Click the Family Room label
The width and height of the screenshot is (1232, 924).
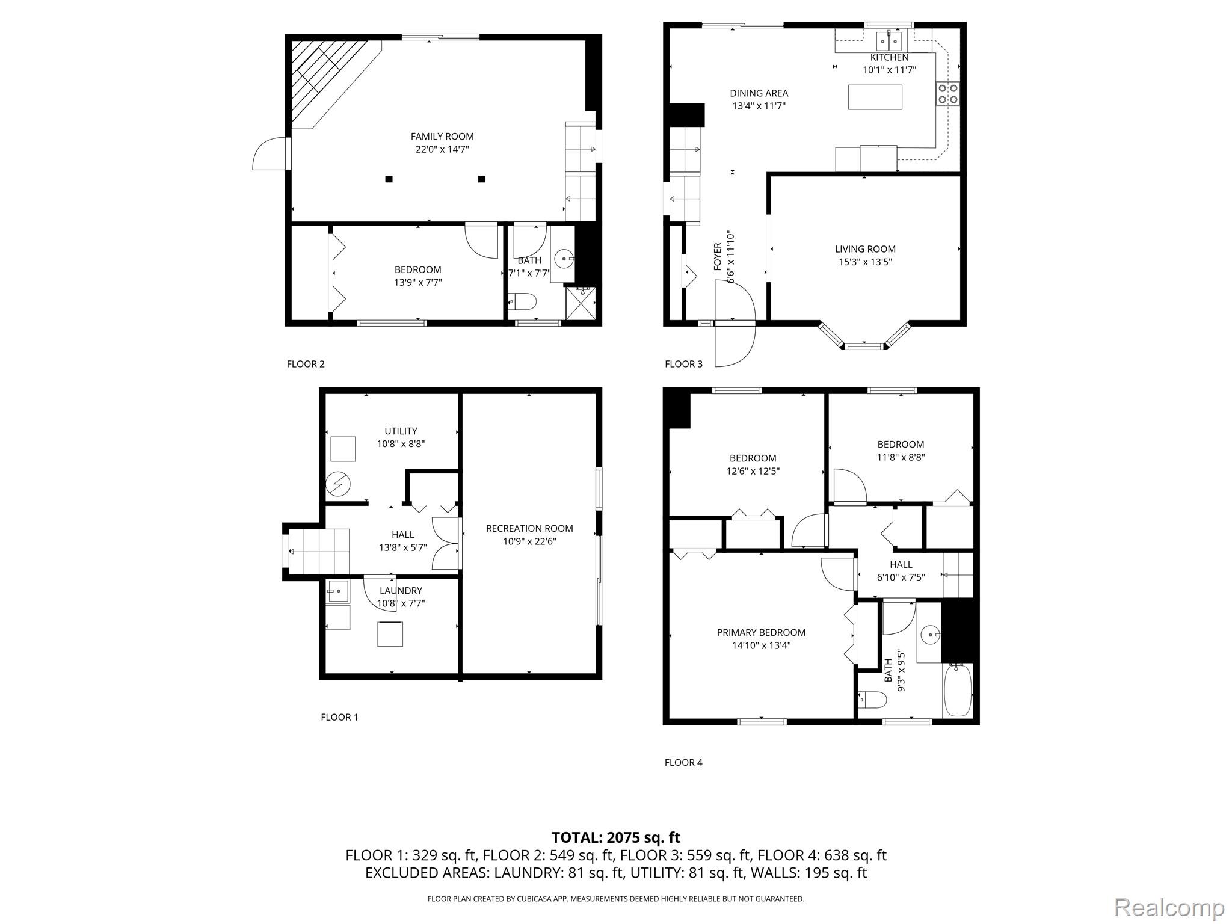pyautogui.click(x=442, y=137)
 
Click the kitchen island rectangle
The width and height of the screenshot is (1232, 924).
pyautogui.click(x=875, y=97)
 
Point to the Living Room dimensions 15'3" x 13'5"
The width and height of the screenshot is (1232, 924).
pyautogui.click(x=865, y=262)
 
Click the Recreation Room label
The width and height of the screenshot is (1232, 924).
pyautogui.click(x=529, y=528)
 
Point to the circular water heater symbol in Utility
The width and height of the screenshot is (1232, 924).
pyautogui.click(x=337, y=484)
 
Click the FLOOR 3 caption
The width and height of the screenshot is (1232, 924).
pyautogui.click(x=683, y=364)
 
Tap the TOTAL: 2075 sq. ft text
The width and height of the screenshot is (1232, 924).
pyautogui.click(x=615, y=837)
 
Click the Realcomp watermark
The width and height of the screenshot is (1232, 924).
pyautogui.click(x=1169, y=907)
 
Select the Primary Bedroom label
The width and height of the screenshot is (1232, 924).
pyautogui.click(x=761, y=632)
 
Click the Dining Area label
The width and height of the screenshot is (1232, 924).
pyautogui.click(x=759, y=93)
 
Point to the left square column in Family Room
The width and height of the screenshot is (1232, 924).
pyautogui.click(x=389, y=179)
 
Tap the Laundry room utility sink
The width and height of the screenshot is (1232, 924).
pyautogui.click(x=337, y=591)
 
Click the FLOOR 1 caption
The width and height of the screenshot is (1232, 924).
pyautogui.click(x=339, y=717)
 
